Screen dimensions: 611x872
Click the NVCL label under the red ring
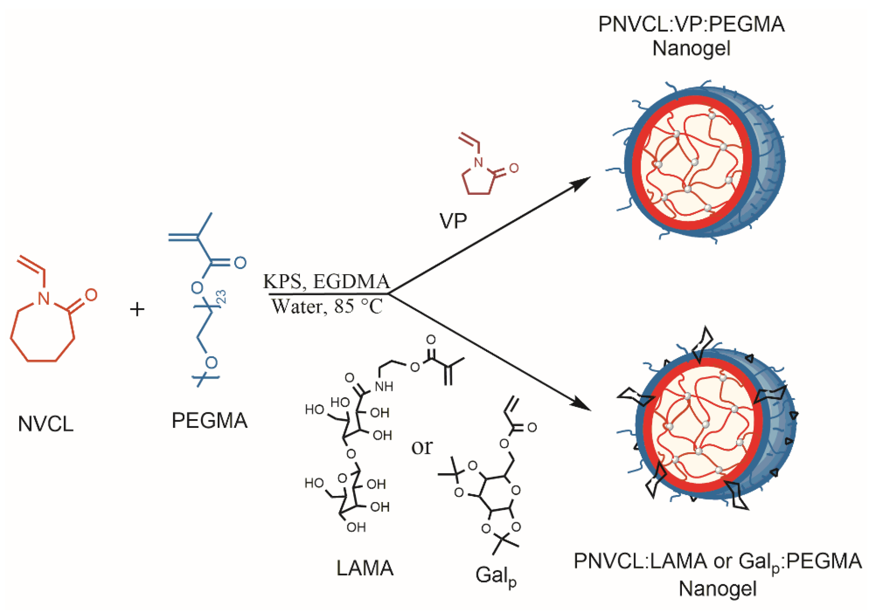[x=46, y=424]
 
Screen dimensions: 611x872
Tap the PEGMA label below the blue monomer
[x=209, y=420]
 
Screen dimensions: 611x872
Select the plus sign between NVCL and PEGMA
[x=137, y=309]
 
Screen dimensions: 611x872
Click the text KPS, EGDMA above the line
[x=326, y=282]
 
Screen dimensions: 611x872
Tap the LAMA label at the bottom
[x=365, y=568]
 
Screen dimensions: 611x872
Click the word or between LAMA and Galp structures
[x=422, y=447]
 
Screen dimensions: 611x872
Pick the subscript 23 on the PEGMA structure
[x=222, y=297]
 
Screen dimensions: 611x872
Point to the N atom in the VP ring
[x=479, y=163]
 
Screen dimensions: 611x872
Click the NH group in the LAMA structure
[x=384, y=387]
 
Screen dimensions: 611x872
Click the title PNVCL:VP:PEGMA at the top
[x=691, y=24]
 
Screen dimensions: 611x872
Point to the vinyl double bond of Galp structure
[x=510, y=405]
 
